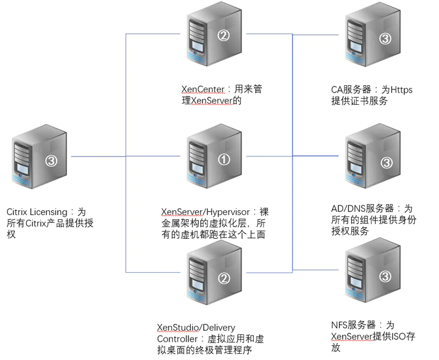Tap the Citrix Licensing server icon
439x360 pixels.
coord(38,158)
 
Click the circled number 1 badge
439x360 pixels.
coord(224,160)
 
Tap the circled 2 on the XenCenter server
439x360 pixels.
coord(224,35)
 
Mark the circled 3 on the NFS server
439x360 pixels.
coord(385,277)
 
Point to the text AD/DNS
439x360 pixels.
coord(338,208)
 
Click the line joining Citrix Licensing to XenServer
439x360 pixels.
coord(98,156)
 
